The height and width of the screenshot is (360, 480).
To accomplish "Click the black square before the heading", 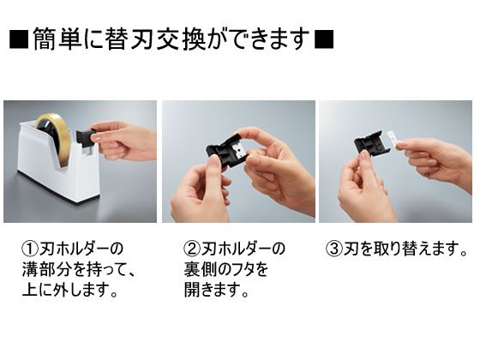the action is click(19, 39).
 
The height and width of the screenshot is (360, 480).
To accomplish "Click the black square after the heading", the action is click(324, 39).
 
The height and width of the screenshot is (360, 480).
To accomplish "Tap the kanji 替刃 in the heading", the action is click(129, 39).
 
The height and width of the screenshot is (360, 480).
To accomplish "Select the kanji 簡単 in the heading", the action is click(57, 39).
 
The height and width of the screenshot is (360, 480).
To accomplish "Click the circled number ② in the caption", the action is click(192, 249).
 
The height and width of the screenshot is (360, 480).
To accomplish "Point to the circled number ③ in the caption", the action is click(334, 249).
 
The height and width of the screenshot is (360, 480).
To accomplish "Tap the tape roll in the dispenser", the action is click(53, 137).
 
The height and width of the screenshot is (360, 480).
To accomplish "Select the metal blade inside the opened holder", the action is click(238, 152).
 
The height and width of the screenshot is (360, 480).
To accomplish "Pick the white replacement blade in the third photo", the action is click(393, 139).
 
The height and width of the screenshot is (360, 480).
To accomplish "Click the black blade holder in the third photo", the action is click(371, 143).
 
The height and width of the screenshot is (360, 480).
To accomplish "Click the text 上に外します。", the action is click(70, 290).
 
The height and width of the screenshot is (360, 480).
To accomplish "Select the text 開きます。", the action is click(217, 290).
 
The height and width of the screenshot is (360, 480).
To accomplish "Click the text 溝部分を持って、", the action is click(79, 269).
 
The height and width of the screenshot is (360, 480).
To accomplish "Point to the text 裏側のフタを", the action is click(226, 269).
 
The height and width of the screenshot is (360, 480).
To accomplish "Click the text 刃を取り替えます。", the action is click(405, 249).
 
